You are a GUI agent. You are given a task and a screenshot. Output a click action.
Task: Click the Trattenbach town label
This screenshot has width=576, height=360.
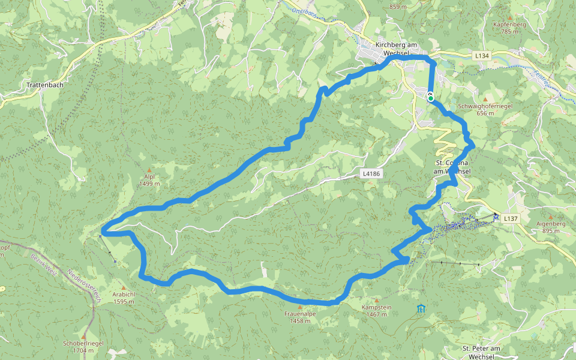45,85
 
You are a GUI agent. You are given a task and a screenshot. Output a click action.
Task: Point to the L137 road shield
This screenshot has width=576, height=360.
511,219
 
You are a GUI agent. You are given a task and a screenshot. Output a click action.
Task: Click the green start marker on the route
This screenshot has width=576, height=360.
431,98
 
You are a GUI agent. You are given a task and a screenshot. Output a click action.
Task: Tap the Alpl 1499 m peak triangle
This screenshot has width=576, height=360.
149,170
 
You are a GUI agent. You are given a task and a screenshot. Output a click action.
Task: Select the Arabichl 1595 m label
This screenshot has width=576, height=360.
124,298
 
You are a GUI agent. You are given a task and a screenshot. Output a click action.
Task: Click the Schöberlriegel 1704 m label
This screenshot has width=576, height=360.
83,346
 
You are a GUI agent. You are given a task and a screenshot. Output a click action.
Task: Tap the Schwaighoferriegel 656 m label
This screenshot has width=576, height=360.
485,109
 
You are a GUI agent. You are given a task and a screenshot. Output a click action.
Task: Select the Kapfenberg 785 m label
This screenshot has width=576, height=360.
509,28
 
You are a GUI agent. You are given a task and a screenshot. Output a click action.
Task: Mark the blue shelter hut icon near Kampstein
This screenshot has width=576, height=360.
421,309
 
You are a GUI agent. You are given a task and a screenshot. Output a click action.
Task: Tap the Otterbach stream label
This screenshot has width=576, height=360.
304,11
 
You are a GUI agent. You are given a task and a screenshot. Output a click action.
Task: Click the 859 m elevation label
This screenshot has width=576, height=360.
398,7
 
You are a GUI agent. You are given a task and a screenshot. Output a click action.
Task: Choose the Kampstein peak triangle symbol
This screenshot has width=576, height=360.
377,300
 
